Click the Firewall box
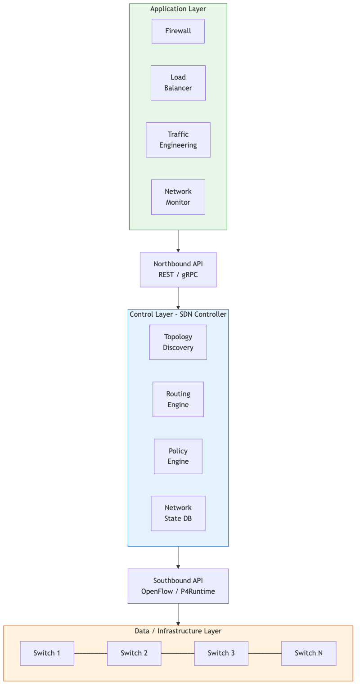pyautogui.click(x=178, y=31)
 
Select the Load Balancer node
pyautogui.click(x=178, y=83)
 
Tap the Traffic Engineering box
pyautogui.click(x=178, y=140)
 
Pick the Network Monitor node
pyautogui.click(x=178, y=197)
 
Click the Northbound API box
pyautogui.click(x=178, y=269)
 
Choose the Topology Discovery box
pyautogui.click(x=178, y=342)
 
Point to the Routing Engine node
pyautogui.click(x=178, y=399)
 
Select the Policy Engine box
pyautogui.click(x=178, y=456)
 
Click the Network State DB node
pyautogui.click(x=178, y=513)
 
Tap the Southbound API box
pyautogui.click(x=178, y=586)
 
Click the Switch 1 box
pyautogui.click(x=47, y=653)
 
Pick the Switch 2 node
pyautogui.click(x=134, y=653)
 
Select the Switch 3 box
pyautogui.click(x=221, y=653)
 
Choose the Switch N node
pyautogui.click(x=309, y=653)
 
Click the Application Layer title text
pyautogui.click(x=178, y=9)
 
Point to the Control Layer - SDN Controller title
pyautogui.click(x=178, y=314)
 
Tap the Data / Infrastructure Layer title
pyautogui.click(x=178, y=631)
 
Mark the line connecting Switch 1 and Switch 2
pyautogui.click(x=90, y=653)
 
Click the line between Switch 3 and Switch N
pyautogui.click(x=265, y=653)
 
